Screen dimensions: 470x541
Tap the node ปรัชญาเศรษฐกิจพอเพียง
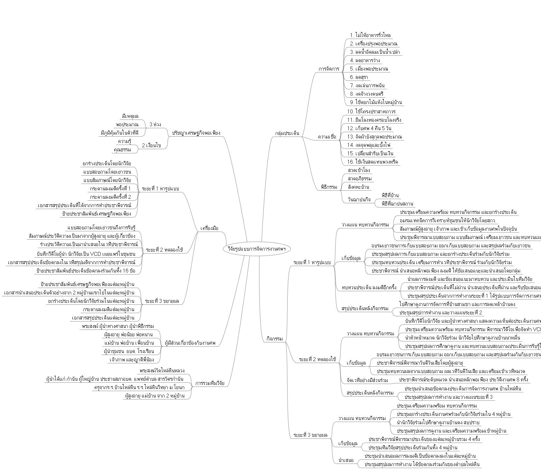(196, 132)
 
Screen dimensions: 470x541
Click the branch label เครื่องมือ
(209, 228)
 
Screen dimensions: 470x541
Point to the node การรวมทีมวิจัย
(210, 383)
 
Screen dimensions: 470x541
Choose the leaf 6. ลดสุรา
(359, 77)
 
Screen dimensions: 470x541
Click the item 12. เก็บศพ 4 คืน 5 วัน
(369, 128)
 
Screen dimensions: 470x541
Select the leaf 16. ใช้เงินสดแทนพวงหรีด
(373, 162)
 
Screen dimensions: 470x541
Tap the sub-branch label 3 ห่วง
(155, 124)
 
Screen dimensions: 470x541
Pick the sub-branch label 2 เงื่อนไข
(151, 145)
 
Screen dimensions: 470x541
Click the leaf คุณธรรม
(122, 150)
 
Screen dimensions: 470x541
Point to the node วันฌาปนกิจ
(359, 199)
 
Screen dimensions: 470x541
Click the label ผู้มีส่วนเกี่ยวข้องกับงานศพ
(190, 342)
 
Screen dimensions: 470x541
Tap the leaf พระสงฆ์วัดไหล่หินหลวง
(162, 371)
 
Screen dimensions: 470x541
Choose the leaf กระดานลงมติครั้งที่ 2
(110, 197)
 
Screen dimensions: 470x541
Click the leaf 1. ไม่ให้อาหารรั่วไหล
(370, 35)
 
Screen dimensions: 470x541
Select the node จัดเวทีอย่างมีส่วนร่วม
(367, 380)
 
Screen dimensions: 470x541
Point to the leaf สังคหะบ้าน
(358, 187)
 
